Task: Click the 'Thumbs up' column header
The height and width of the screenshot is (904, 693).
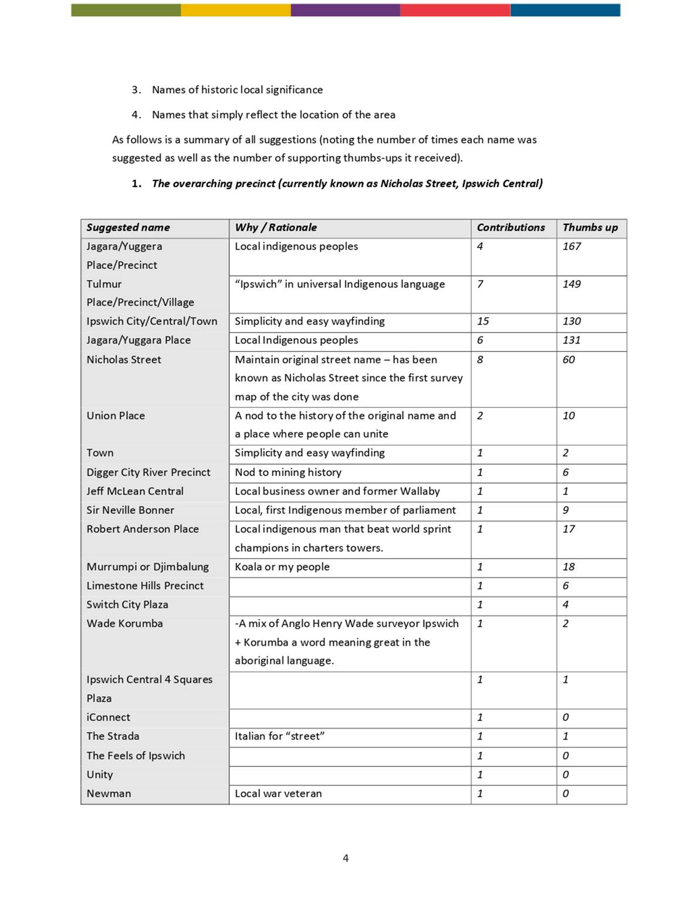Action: point(590,228)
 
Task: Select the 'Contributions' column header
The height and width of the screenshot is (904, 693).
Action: point(511,228)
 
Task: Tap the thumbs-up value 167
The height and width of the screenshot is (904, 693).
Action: point(572,247)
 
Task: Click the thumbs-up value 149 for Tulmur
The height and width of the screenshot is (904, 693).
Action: point(572,284)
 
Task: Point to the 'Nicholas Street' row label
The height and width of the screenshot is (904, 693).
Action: point(124,360)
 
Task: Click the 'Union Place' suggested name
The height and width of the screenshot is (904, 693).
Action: point(116,416)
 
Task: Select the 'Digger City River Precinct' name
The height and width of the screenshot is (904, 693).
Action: point(148,473)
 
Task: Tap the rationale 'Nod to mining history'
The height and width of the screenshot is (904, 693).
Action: point(288,473)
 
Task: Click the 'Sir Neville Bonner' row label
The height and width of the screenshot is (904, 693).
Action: point(130,510)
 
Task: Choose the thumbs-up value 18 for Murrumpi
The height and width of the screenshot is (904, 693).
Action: point(569,567)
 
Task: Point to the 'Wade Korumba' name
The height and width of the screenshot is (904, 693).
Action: point(125,623)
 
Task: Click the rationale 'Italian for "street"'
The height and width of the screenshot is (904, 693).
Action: point(280,736)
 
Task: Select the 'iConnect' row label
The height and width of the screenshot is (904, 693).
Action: point(109,717)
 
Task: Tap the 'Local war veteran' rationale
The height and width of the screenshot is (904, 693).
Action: point(278,794)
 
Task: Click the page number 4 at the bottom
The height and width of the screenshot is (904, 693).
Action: point(346,858)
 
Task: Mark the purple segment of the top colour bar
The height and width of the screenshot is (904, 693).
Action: point(345,10)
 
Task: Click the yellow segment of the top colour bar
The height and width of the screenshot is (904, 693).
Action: point(235,10)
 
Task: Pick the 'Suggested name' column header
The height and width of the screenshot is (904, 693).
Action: point(129,228)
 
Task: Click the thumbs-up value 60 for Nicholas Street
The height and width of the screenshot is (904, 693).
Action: point(569,360)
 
